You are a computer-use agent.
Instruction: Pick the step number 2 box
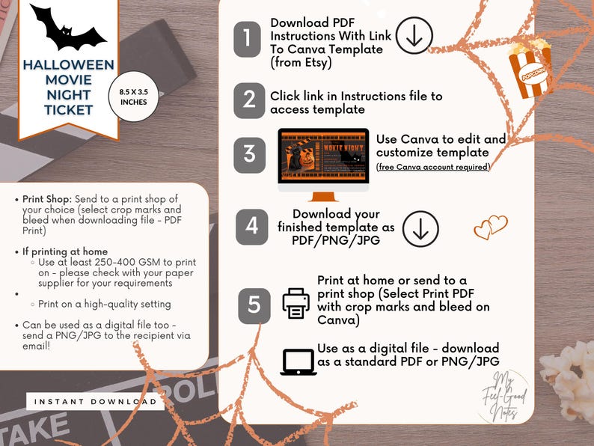coord(248,100)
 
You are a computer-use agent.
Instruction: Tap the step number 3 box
coord(248,154)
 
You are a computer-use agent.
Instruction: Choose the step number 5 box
coord(254,305)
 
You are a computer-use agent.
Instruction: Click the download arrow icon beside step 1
coord(414,35)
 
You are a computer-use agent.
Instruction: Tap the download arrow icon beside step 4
coord(420,229)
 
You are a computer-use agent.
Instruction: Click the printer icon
coord(296,303)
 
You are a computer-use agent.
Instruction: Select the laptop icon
coord(298,361)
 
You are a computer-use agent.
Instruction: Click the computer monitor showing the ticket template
coord(323,159)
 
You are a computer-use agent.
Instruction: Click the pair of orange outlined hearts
coord(491,227)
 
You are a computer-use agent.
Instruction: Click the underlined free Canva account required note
coord(433,167)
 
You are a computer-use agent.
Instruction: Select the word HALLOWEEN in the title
coord(68,65)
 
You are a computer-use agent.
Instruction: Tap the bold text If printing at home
coord(65,251)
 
